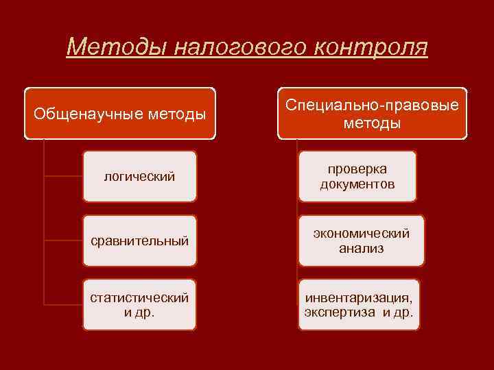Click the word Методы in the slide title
pos(116,47)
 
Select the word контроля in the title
pos(373,47)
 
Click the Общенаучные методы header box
pos(120,113)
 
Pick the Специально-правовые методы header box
pos(372,113)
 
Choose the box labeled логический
pos(139,177)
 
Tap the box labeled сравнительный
pos(139,241)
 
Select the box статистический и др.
pos(139,304)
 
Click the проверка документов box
pos(357,177)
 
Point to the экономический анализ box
pos(361,241)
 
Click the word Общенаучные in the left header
pos(90,113)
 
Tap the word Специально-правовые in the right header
pos(372,105)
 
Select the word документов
pos(357,184)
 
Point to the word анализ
pos(361,249)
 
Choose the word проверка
pos(357,169)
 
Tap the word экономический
pos(361,233)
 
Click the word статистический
pos(139,297)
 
